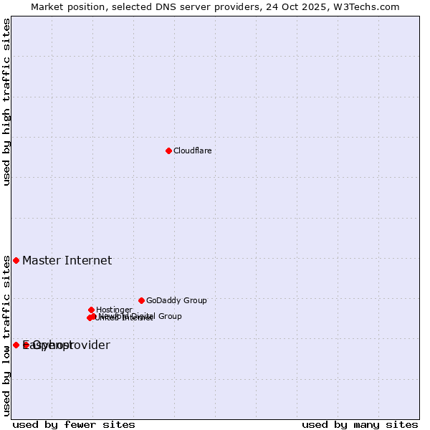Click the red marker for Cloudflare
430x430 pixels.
(x=168, y=150)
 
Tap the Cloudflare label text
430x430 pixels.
(x=192, y=150)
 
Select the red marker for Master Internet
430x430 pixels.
(x=16, y=260)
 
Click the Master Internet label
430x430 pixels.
(x=67, y=260)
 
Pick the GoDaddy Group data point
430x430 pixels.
(x=141, y=300)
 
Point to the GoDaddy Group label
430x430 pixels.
(x=176, y=300)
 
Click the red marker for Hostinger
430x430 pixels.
(x=91, y=310)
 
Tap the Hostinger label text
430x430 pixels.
(x=114, y=310)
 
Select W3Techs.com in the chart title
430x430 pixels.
(x=365, y=6)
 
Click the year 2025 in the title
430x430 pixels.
(x=313, y=6)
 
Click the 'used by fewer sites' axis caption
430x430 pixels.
(x=74, y=424)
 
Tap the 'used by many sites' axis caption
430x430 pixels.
(x=360, y=424)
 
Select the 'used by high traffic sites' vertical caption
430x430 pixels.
(x=6, y=102)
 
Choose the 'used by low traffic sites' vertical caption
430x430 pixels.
(x=6, y=335)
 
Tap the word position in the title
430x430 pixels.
(x=85, y=6)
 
